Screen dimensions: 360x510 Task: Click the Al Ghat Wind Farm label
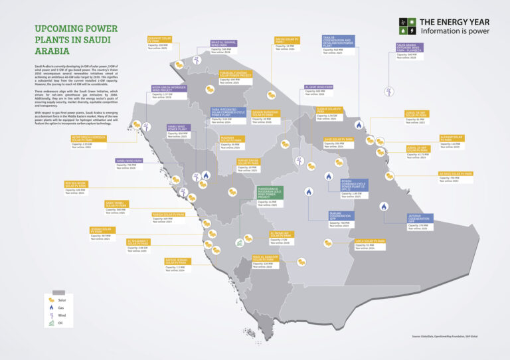319,87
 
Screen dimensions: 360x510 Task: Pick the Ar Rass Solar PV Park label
456,174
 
